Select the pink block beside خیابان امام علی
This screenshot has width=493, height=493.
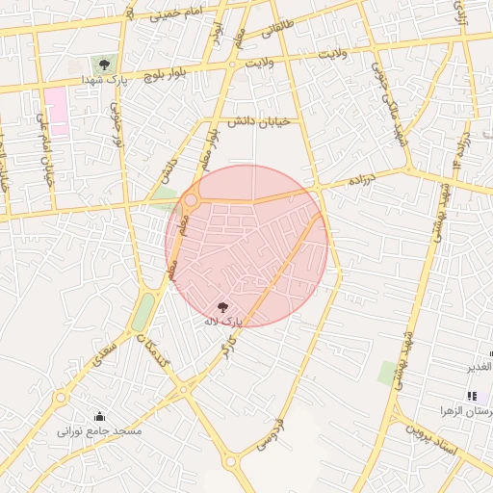(x=57, y=111)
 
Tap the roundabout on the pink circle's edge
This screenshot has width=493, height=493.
(x=191, y=201)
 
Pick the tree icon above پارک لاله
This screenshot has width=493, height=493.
(x=224, y=306)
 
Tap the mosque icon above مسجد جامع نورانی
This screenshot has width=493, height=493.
(x=100, y=416)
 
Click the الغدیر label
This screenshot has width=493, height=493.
(x=479, y=367)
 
